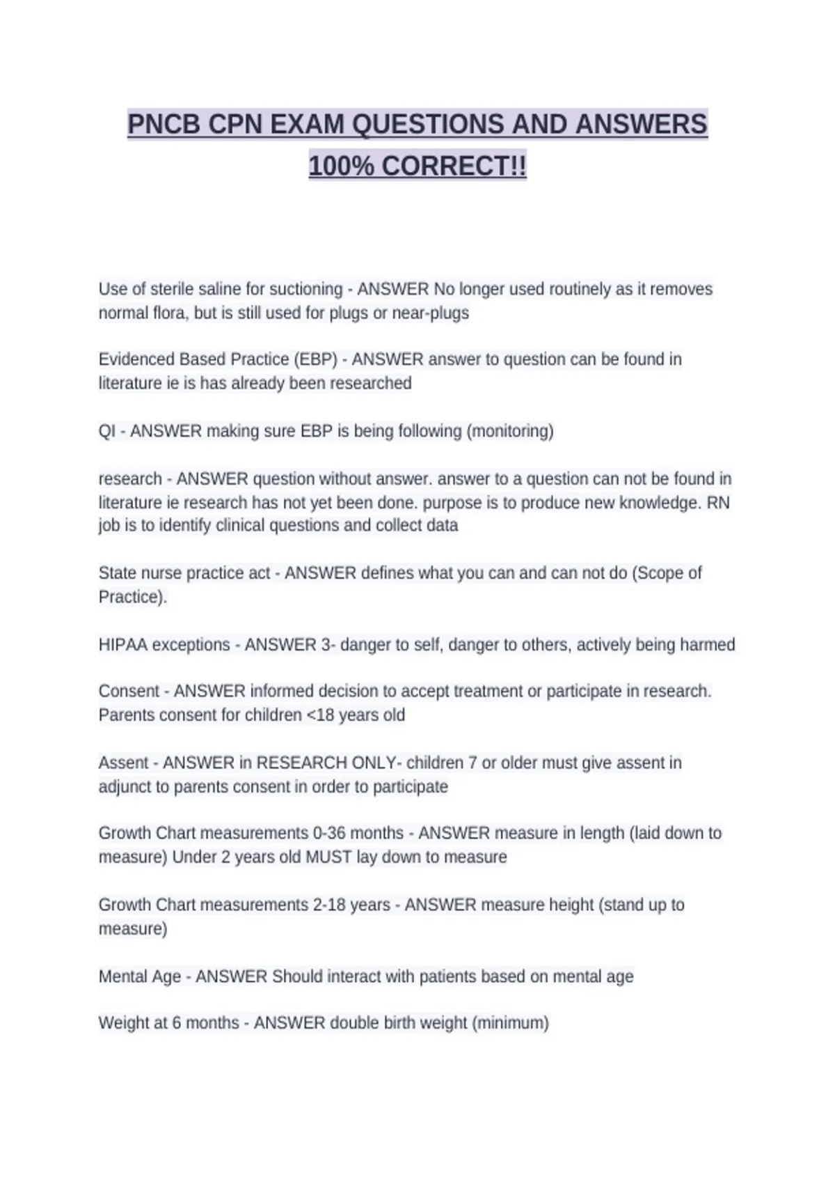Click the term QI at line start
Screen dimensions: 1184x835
[x=106, y=431]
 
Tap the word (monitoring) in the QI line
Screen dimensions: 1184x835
[x=510, y=431]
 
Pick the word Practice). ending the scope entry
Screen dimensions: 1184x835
[x=133, y=597]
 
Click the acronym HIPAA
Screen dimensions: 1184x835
[x=123, y=645]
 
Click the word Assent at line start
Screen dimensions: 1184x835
[x=123, y=763]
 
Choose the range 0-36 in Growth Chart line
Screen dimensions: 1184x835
[x=328, y=833]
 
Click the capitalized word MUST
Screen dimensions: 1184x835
[x=328, y=857]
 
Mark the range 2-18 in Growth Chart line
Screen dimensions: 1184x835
[x=328, y=905]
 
